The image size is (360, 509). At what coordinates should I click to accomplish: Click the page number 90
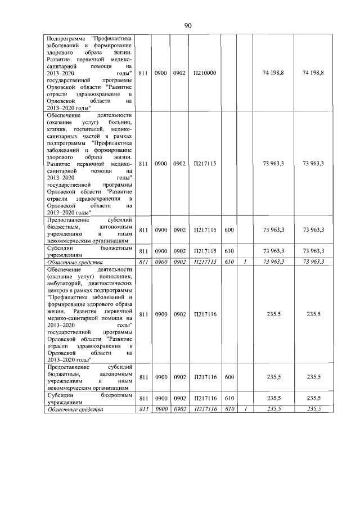click(188, 26)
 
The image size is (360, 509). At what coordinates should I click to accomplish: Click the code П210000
click(204, 73)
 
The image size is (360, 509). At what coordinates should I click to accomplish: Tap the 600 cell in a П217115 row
click(229, 229)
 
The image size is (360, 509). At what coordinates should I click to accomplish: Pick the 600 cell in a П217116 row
click(229, 377)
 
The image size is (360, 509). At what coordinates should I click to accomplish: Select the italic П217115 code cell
click(204, 262)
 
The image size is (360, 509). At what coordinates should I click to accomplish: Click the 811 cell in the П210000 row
click(143, 73)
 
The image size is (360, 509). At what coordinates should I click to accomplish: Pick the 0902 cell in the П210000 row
click(179, 73)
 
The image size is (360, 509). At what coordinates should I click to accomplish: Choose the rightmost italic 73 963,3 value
click(313, 262)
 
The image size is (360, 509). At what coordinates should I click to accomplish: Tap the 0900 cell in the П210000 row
click(161, 73)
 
